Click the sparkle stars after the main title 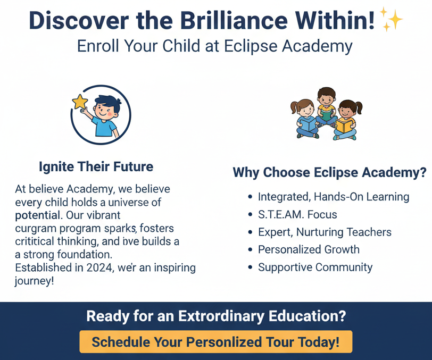pos(391,19)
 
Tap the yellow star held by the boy pos(80,102)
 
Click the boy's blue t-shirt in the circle pos(105,127)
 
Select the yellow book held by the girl pos(345,125)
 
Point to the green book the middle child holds pos(327,115)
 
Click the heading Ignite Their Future pos(96,166)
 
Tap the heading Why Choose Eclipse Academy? pos(329,172)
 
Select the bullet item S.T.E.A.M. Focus pos(297,214)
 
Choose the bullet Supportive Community pos(315,267)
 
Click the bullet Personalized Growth pos(309,249)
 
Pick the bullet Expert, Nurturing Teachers pos(325,232)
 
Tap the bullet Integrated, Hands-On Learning pos(334,197)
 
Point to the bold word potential pos(37,215)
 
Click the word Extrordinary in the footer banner pos(221,316)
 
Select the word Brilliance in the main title pos(234,20)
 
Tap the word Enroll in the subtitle pos(98,46)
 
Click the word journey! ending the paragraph pos(34,281)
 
